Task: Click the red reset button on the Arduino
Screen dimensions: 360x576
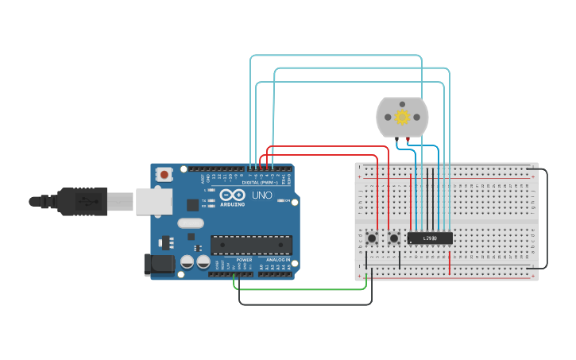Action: (x=164, y=174)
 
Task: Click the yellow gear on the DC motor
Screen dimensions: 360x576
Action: (x=402, y=118)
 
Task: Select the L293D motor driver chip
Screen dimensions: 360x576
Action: (x=430, y=238)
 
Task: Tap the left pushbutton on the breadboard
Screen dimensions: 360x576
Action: (x=372, y=238)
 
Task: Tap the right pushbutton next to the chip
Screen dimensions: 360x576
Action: (x=393, y=238)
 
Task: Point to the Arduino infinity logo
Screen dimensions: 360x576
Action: (x=233, y=195)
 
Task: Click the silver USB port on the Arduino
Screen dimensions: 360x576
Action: (x=154, y=201)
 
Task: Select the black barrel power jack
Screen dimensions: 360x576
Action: (x=159, y=265)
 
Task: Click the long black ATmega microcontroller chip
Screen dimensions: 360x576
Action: (x=250, y=246)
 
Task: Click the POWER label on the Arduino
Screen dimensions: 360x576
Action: (x=244, y=260)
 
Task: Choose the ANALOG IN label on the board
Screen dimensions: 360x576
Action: (x=277, y=260)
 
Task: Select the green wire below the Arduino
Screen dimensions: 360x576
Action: (x=302, y=289)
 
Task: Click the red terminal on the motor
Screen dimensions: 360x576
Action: (x=408, y=140)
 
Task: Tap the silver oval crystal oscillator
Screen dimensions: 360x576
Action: (x=191, y=223)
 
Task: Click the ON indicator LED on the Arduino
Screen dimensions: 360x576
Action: (x=281, y=200)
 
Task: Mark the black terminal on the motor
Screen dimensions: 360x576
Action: (x=396, y=140)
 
